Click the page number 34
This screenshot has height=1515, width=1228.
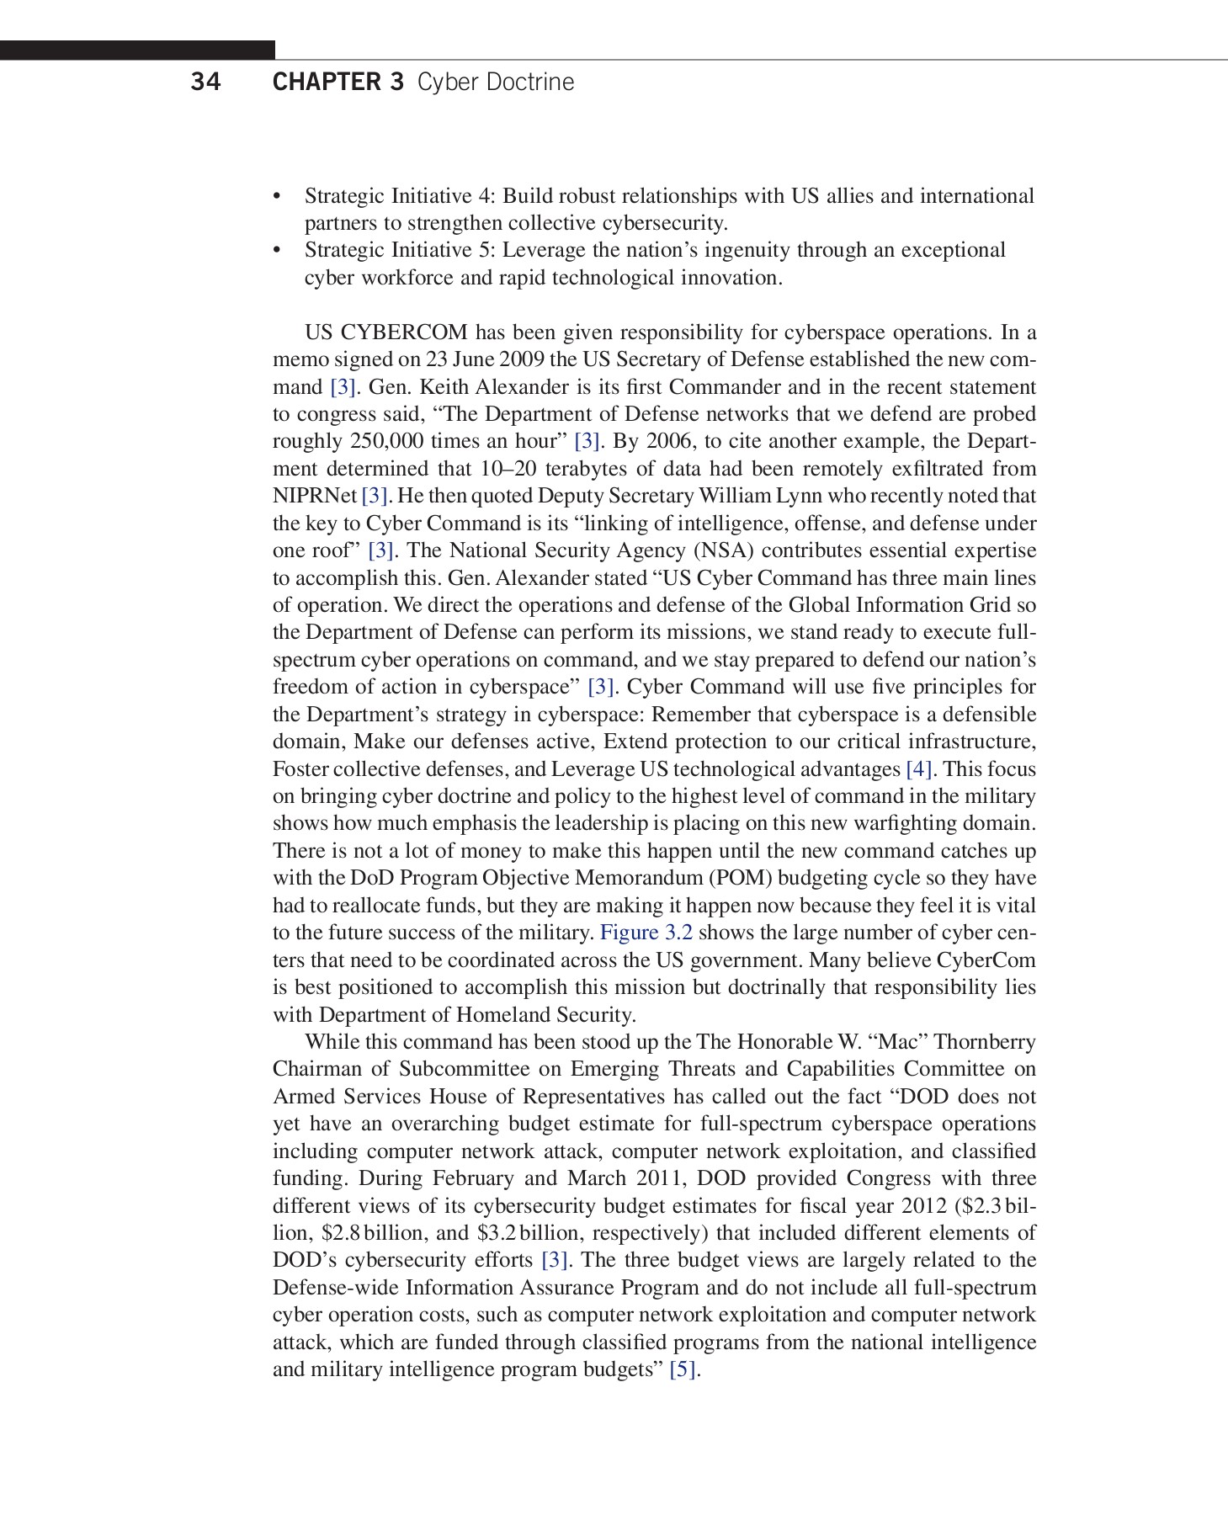(206, 82)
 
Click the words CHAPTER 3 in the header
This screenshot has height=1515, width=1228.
(338, 82)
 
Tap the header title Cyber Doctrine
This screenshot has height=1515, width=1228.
(496, 82)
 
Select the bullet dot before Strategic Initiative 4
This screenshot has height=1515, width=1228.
(277, 197)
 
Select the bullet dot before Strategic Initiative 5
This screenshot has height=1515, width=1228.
(277, 251)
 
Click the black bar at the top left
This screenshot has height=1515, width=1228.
(137, 50)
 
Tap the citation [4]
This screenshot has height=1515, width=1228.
(918, 769)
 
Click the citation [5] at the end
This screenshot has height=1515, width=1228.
(683, 1369)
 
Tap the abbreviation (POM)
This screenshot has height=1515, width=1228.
(741, 878)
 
